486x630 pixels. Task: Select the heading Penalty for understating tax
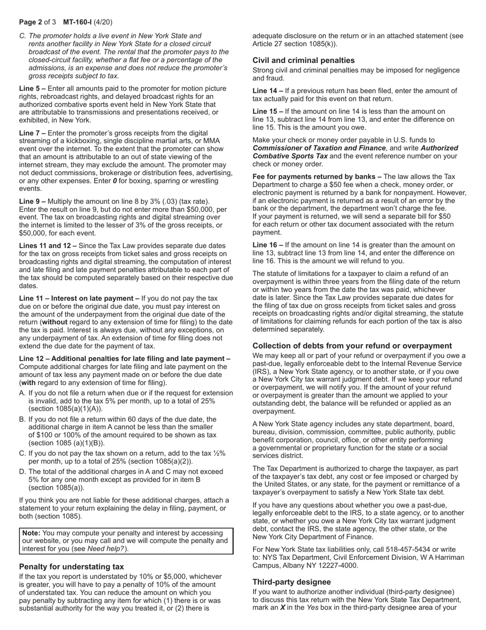point(71,566)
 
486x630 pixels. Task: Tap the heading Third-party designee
point(292,582)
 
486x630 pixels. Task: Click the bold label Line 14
point(266,91)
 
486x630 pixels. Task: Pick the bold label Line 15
point(266,111)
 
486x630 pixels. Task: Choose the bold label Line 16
point(266,245)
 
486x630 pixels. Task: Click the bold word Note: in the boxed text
point(31,533)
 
